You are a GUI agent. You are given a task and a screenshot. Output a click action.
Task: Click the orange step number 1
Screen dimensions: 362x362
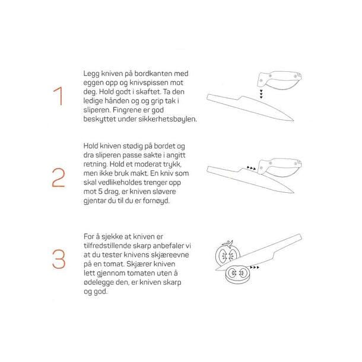click(x=58, y=96)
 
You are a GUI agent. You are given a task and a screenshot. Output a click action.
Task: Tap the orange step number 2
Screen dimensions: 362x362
click(x=58, y=177)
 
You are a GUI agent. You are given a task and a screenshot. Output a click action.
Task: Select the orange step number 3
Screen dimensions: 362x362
click(x=59, y=259)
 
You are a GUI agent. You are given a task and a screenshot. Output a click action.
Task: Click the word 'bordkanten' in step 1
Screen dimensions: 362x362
click(x=153, y=74)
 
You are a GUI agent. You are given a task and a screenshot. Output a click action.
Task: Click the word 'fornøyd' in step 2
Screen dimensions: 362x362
click(x=156, y=201)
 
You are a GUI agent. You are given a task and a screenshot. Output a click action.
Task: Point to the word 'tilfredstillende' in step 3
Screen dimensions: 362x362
click(x=110, y=246)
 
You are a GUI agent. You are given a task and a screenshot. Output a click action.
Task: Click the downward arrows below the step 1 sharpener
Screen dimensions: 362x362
click(x=261, y=94)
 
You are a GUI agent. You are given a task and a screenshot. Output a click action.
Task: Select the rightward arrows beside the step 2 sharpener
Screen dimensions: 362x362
click(x=251, y=168)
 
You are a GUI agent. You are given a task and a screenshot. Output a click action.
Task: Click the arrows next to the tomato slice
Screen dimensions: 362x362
click(x=255, y=267)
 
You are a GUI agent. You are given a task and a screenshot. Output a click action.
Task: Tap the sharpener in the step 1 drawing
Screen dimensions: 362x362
click(x=280, y=80)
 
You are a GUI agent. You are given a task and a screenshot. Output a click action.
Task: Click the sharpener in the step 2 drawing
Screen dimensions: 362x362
click(x=280, y=167)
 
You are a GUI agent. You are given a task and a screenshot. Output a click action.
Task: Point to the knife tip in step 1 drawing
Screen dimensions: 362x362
click(x=293, y=120)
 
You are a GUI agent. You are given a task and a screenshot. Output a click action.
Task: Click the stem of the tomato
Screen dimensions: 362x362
click(x=228, y=244)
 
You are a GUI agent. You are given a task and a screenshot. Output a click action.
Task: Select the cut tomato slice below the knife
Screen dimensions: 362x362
click(x=237, y=274)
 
